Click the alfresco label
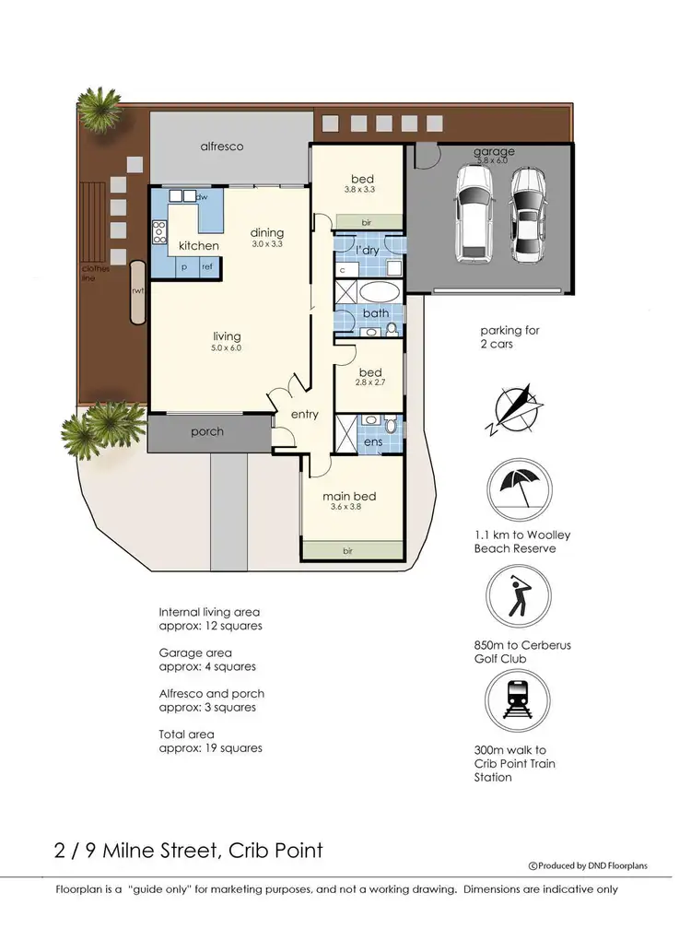point(222,146)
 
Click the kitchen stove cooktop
point(159,230)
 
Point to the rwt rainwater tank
point(138,292)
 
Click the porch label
point(207,431)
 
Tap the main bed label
point(348,496)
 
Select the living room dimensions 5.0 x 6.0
point(227,348)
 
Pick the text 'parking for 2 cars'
point(509,337)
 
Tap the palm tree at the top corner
point(99,110)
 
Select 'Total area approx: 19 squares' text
point(210,740)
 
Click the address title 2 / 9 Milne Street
point(189,849)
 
